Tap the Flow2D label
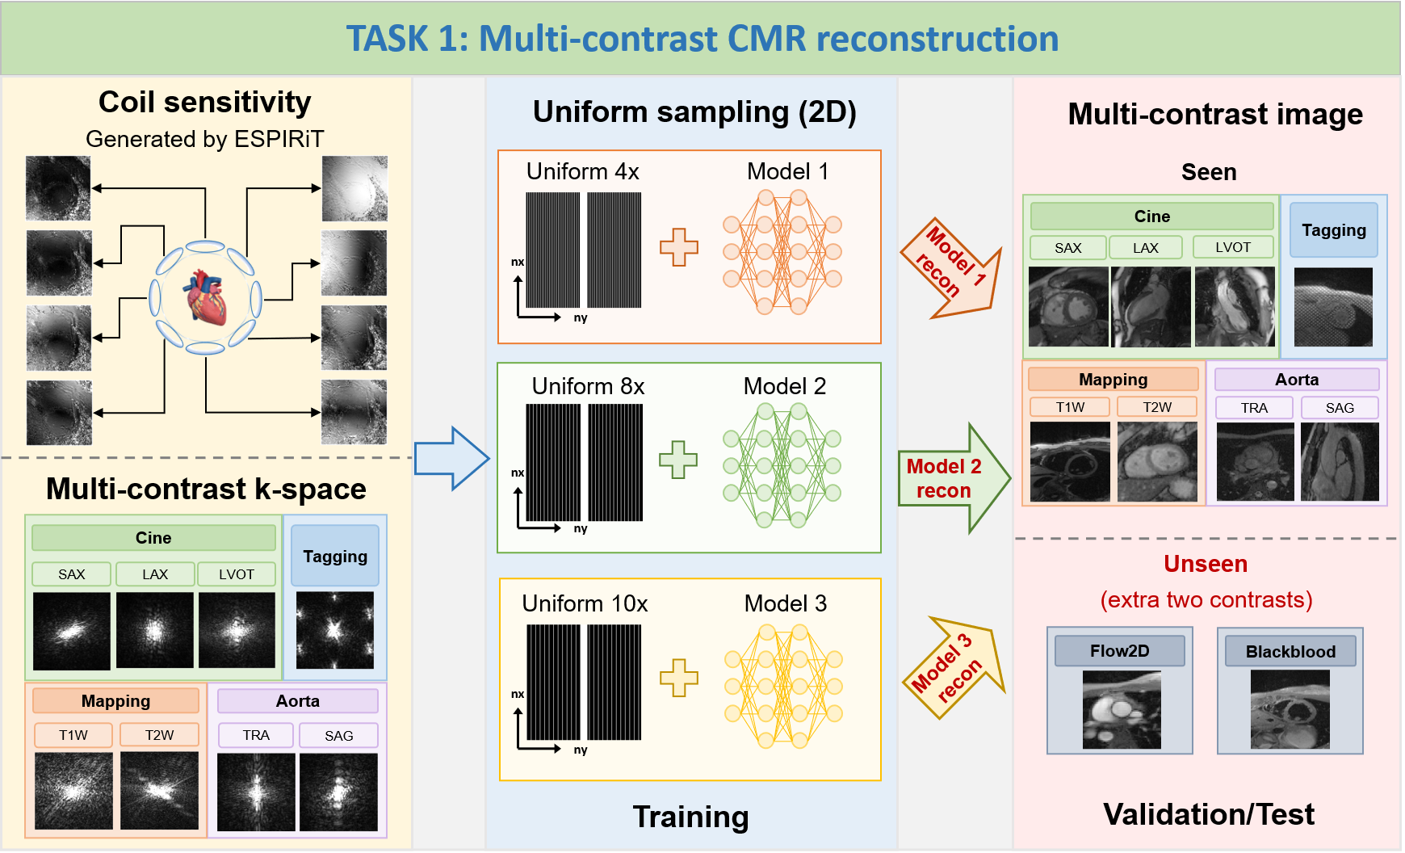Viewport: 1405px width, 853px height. [x=1119, y=651]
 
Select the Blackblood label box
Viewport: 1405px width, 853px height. [x=1290, y=651]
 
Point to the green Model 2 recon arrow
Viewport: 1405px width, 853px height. [x=953, y=478]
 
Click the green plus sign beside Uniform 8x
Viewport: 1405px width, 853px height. [x=678, y=460]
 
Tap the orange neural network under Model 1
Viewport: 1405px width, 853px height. [x=782, y=252]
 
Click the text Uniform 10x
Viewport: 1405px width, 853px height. [x=585, y=604]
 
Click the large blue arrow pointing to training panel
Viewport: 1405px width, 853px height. [x=451, y=459]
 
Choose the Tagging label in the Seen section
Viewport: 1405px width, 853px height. [x=1333, y=230]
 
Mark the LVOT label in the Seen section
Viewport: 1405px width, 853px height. [x=1232, y=247]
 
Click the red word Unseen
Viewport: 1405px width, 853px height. [x=1205, y=564]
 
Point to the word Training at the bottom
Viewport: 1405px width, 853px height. [x=690, y=817]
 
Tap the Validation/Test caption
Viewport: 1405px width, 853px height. [x=1208, y=814]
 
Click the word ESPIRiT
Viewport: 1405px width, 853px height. [x=279, y=140]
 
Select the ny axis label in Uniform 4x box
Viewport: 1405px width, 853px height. [x=581, y=318]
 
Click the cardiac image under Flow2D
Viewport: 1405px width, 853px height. [x=1122, y=710]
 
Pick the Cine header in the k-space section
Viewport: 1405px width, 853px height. [x=153, y=538]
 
